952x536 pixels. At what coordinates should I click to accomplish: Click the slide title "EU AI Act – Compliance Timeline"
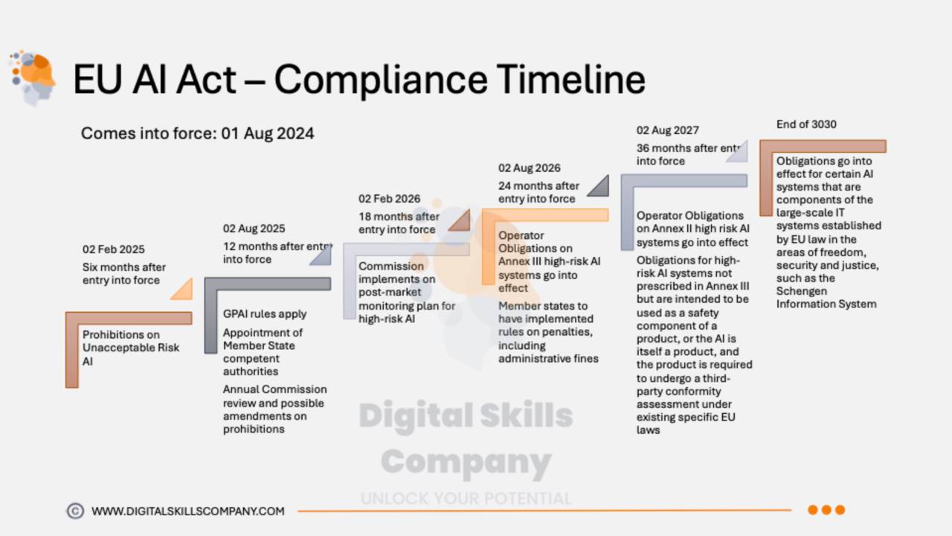coord(358,79)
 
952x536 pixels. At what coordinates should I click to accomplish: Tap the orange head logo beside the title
coord(33,77)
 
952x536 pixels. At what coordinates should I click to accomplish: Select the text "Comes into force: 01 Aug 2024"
coord(197,133)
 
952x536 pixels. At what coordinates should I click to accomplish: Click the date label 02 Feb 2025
coord(114,249)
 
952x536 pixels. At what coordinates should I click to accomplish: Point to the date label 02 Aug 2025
coord(254,229)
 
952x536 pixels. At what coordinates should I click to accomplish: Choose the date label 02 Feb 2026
coord(389,199)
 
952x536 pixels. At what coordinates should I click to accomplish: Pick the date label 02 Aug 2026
coord(529,168)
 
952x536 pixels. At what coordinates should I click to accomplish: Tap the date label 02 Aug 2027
coord(667,130)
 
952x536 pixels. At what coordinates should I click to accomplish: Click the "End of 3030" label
coord(806,124)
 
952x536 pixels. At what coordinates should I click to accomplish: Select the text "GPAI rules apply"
coord(264,314)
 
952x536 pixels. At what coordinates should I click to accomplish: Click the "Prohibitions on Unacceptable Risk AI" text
coord(130,348)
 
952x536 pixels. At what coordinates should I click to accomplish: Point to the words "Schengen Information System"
coord(826,298)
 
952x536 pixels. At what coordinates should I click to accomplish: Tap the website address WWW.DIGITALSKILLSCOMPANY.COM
coord(187,511)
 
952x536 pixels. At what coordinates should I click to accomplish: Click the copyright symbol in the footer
coord(75,511)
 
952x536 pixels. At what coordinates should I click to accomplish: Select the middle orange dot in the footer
coord(826,510)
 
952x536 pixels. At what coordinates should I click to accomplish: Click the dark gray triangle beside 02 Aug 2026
coord(599,187)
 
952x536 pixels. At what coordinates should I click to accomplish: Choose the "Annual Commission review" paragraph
coord(274,409)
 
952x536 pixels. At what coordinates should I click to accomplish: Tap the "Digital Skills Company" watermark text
coord(466,439)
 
